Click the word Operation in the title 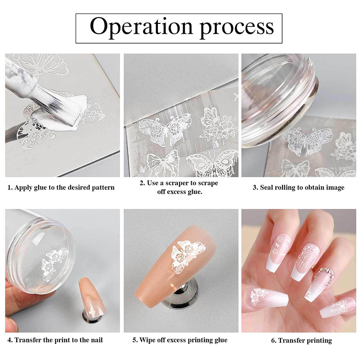click(x=141, y=27)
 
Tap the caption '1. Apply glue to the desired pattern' click(x=61, y=188)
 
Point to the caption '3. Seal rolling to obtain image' click(x=298, y=188)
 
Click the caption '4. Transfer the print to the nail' click(x=55, y=340)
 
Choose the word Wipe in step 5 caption click(x=148, y=340)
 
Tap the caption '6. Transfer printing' click(x=301, y=340)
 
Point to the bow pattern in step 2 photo click(x=163, y=163)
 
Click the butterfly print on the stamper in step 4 click(x=54, y=264)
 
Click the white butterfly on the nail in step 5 click(x=188, y=256)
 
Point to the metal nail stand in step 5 click(x=180, y=296)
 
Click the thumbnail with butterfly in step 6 click(x=266, y=299)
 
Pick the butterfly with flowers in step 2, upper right click(x=219, y=125)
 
